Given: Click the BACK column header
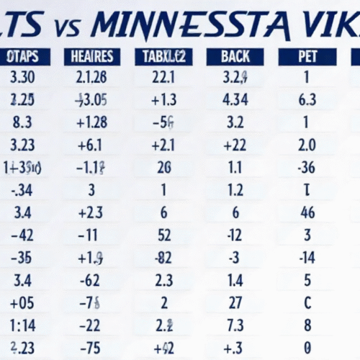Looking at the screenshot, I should point(235,57).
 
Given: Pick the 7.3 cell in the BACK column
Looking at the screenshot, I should point(235,324).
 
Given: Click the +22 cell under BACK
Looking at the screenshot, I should point(235,145).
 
